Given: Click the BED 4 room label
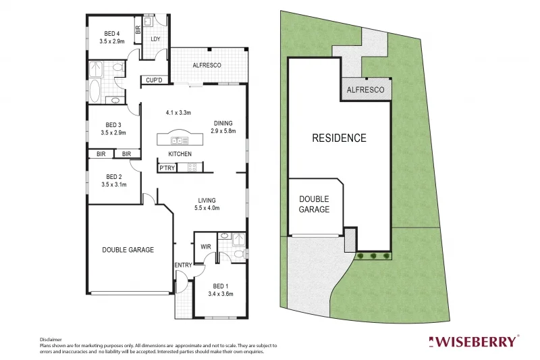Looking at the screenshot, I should point(112,33).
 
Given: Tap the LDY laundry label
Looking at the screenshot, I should point(155,39).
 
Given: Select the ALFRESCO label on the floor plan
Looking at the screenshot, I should point(207,66).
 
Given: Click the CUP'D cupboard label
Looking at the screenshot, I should point(155,81).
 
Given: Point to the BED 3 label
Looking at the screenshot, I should point(113,124).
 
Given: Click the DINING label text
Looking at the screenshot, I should point(223,123).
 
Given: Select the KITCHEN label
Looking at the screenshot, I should point(180,154).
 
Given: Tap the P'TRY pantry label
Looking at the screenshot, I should point(167,168).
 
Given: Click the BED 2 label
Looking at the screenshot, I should point(113,178).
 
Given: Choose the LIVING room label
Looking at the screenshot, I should point(207,201).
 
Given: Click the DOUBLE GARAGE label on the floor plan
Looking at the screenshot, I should point(128,250).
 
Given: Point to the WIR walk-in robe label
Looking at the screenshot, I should point(206,247).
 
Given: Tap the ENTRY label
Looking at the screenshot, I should point(183,265).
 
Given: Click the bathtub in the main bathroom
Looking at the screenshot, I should point(94,91).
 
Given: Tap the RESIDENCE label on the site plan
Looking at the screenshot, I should point(339,138).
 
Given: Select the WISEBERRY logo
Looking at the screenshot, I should point(475,341).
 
